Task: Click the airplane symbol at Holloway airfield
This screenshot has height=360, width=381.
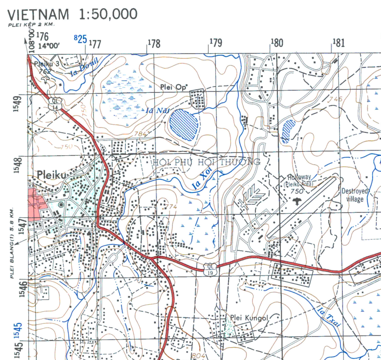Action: click(297, 200)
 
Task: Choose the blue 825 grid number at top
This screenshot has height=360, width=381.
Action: click(80, 38)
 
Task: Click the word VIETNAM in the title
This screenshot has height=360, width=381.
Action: click(40, 14)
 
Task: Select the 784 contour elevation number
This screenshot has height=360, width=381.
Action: click(141, 133)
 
